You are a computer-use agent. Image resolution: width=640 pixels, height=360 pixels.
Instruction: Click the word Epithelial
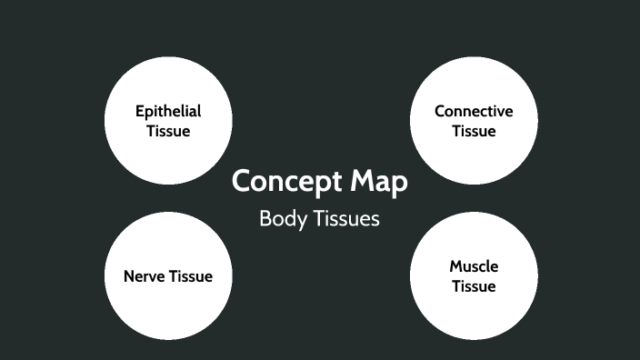coord(168,112)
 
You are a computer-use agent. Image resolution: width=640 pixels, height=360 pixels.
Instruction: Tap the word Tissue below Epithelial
coord(168,131)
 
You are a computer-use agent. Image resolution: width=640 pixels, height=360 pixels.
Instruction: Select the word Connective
coord(474,112)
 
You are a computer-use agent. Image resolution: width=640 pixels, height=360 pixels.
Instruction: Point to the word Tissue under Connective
coord(474,131)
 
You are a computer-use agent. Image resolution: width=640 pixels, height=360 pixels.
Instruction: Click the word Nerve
coord(145,275)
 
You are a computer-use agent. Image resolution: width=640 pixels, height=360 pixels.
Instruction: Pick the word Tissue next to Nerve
coord(191,275)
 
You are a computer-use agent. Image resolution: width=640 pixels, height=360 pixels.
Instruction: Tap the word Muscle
coord(474,267)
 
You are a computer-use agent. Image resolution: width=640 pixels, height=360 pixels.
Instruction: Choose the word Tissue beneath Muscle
coord(474,286)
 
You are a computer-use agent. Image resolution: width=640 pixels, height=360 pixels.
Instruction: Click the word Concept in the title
coord(287,181)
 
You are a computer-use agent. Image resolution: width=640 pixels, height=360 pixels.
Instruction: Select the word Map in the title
coord(379,181)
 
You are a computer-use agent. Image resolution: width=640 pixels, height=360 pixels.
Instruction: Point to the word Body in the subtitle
coord(278,219)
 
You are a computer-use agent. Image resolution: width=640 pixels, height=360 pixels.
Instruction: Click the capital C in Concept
coord(243,181)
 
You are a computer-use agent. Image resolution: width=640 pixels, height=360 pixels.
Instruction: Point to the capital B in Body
coord(265,219)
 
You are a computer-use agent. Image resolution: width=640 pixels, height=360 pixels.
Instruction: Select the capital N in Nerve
coord(129,275)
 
